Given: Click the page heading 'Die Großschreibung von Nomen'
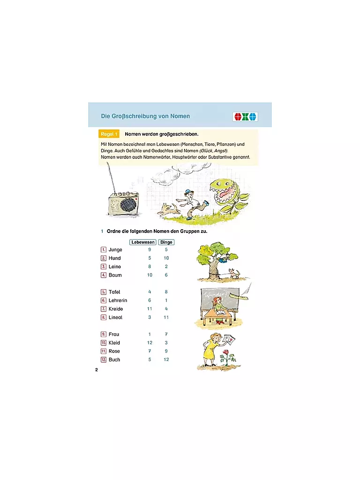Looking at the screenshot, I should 145,116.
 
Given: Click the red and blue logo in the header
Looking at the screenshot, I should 245,117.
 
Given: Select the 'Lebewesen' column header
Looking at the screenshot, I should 143,242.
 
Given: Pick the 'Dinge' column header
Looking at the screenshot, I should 166,242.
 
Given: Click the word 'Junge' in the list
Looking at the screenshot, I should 115,250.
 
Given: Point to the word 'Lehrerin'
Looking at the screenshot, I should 118,300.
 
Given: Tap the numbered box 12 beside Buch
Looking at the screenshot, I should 104,360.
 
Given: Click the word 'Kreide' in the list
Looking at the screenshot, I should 116,309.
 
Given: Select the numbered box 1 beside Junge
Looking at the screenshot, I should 104,250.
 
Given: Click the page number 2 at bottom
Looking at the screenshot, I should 97,370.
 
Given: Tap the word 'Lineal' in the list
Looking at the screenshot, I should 115,317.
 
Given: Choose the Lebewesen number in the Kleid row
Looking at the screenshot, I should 150,343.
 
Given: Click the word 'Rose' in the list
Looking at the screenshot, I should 114,351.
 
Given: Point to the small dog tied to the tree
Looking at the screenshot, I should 235,273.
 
